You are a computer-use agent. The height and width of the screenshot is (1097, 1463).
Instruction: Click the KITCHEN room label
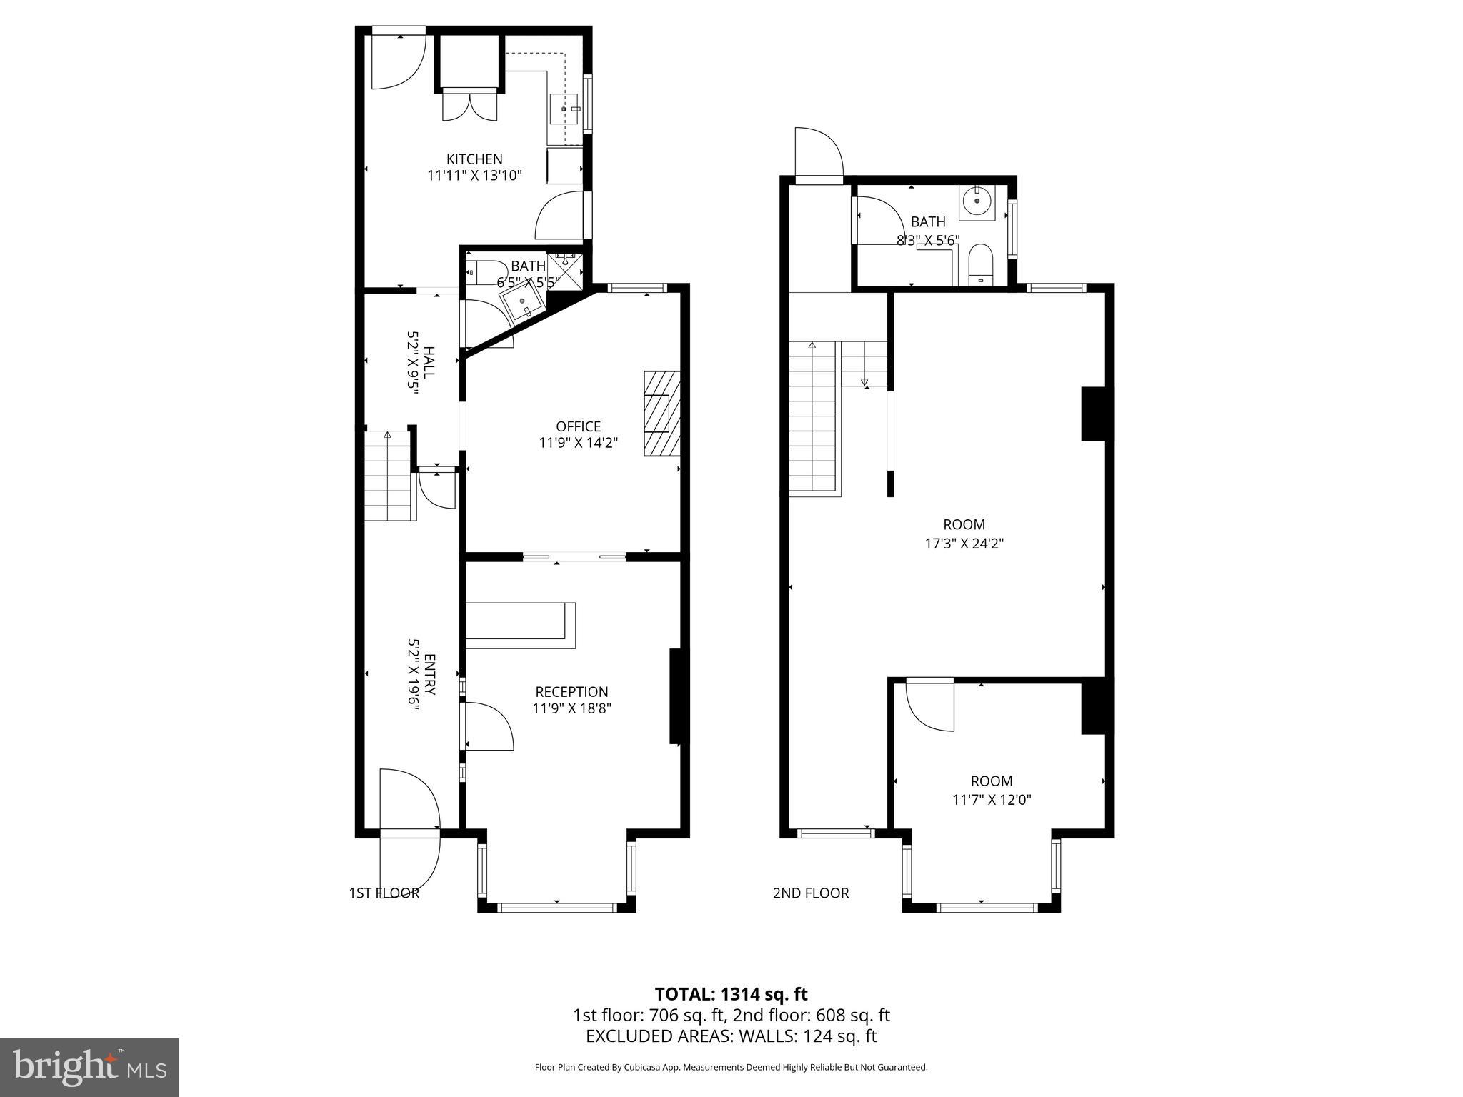click(474, 159)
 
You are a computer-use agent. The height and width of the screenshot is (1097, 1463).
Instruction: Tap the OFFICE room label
click(578, 426)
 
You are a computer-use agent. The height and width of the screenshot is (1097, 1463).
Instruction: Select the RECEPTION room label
click(571, 691)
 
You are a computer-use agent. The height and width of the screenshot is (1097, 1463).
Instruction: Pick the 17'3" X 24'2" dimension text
click(964, 543)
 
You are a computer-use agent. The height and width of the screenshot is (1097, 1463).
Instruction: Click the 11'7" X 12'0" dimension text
click(992, 799)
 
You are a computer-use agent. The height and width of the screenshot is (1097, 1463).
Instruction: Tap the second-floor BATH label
click(928, 222)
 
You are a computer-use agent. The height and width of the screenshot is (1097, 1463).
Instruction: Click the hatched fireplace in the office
click(662, 414)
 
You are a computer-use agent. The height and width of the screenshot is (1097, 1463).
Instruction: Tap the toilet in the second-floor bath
click(979, 264)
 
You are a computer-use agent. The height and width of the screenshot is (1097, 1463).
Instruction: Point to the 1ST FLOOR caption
click(384, 893)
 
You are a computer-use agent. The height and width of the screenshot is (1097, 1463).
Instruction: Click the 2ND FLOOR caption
click(811, 893)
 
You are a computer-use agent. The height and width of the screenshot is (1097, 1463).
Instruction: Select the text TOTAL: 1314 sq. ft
click(731, 993)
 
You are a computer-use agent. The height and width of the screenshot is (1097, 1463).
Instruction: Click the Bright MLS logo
click(89, 1067)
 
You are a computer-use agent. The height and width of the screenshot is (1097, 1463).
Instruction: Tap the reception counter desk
click(521, 626)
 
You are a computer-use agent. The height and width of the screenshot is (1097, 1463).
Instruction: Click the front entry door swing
click(409, 828)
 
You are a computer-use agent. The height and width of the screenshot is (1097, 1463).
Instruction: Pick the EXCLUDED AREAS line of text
click(731, 1036)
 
